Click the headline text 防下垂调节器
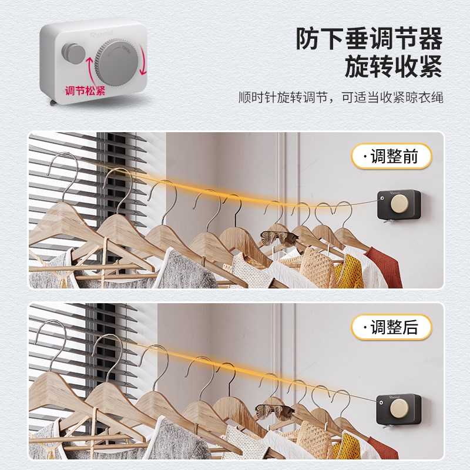(369, 39)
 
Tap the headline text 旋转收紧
(393, 67)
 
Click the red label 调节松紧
(85, 91)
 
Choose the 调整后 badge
(391, 327)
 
